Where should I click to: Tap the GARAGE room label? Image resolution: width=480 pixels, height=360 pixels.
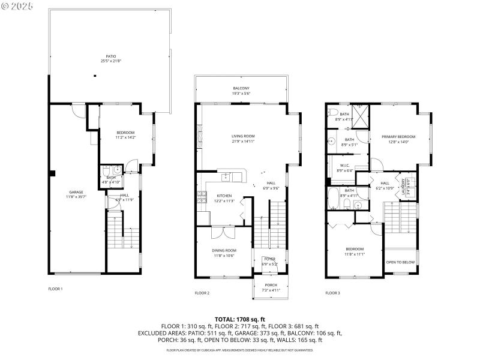coord(76,192)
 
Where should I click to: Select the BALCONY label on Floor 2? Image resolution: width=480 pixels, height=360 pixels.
coord(241,89)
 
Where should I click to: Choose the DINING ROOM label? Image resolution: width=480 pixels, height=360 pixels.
coord(224,250)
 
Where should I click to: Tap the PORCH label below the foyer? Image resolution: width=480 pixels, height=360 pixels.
coord(271,285)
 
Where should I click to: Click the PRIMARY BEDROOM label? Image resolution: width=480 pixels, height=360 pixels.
coord(398,137)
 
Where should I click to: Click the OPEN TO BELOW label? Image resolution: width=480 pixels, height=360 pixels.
coord(400,262)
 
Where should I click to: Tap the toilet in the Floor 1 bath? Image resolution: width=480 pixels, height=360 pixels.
coord(107,170)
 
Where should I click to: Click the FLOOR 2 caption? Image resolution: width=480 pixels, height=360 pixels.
coord(202,293)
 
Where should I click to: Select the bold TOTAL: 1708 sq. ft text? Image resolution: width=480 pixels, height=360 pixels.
coord(240,320)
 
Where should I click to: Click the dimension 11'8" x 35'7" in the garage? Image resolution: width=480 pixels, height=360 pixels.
coord(76,197)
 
